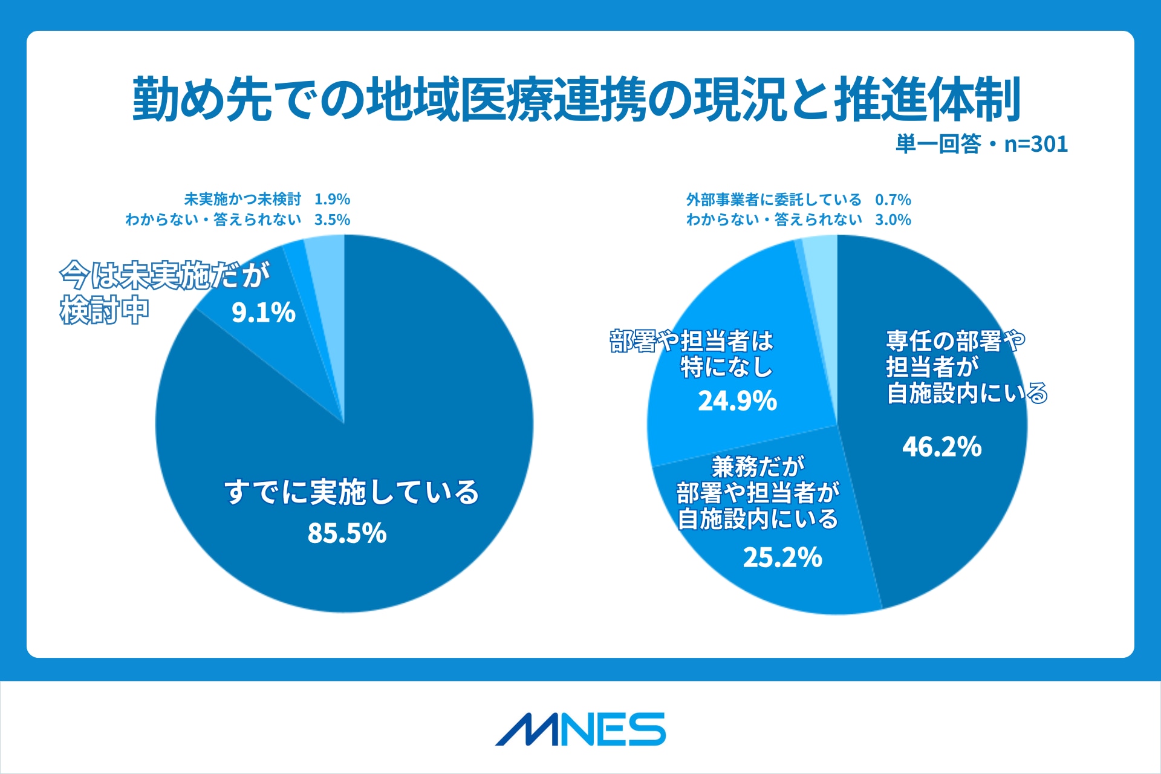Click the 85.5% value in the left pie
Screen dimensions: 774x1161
click(347, 533)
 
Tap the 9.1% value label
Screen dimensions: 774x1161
click(264, 313)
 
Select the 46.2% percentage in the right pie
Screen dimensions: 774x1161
click(941, 447)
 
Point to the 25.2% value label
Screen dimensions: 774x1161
click(782, 558)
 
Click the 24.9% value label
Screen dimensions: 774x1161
click(737, 401)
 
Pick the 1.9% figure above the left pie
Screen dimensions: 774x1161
click(332, 200)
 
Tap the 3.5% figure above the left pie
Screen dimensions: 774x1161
click(332, 220)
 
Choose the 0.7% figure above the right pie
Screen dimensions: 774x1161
click(893, 200)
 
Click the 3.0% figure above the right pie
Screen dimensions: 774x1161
click(893, 220)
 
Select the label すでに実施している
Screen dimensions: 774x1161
click(351, 492)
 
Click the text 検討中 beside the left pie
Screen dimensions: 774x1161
click(104, 311)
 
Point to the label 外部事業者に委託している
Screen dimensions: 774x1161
click(773, 200)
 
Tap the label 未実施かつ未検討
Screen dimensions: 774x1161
click(242, 200)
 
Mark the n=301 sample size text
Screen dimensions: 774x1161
click(1036, 144)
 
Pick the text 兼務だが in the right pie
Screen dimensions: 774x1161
click(758, 466)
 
